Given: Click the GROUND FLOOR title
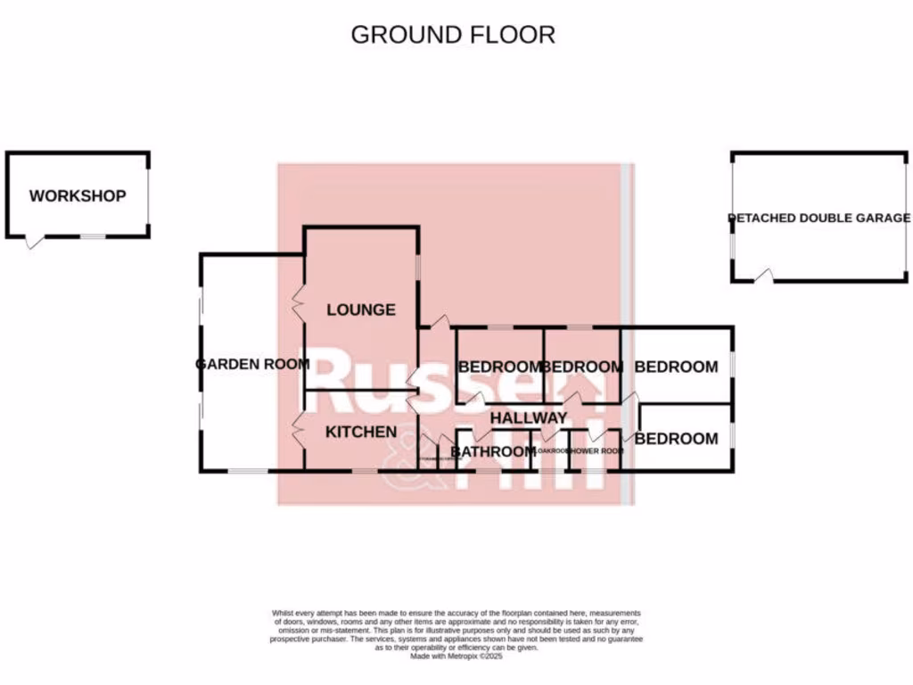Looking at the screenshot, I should click(452, 35).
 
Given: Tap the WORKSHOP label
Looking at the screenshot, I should click(78, 196).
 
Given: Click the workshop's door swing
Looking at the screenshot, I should click(34, 242).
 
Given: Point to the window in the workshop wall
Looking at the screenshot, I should click(94, 237).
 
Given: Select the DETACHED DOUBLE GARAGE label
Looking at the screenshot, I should click(818, 218).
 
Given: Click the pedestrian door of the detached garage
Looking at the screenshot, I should click(763, 277).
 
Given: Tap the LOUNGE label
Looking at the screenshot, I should click(360, 310).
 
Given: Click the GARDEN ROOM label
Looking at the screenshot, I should click(252, 364).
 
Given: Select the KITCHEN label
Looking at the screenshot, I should click(360, 433).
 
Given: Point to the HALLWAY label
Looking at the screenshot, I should click(528, 418).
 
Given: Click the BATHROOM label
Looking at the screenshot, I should click(492, 452).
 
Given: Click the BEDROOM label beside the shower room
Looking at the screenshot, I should click(676, 439).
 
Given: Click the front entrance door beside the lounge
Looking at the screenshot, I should click(436, 323).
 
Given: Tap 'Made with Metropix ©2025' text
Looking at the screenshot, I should click(456, 656).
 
